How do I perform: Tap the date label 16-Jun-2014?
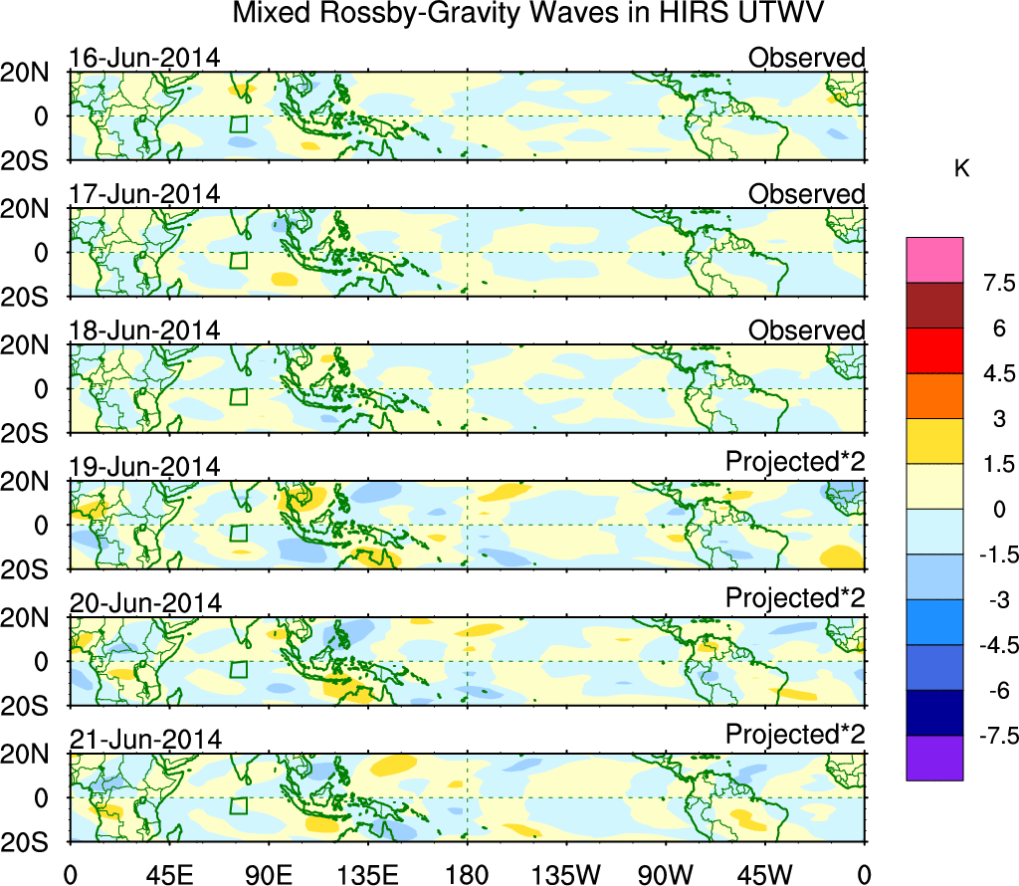click(x=144, y=58)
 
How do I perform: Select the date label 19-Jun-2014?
click(x=144, y=467)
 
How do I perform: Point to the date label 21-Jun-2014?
click(x=144, y=740)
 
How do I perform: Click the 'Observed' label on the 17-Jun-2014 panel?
click(x=806, y=194)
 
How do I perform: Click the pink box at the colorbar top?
click(x=934, y=259)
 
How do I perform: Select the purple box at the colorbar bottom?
click(x=934, y=758)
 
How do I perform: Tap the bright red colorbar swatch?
click(x=934, y=350)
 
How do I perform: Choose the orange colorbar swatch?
click(x=934, y=396)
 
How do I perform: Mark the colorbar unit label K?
click(x=961, y=169)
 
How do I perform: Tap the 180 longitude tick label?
click(x=468, y=873)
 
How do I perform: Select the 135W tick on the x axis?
click(x=567, y=873)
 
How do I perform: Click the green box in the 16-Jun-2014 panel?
click(x=238, y=123)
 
